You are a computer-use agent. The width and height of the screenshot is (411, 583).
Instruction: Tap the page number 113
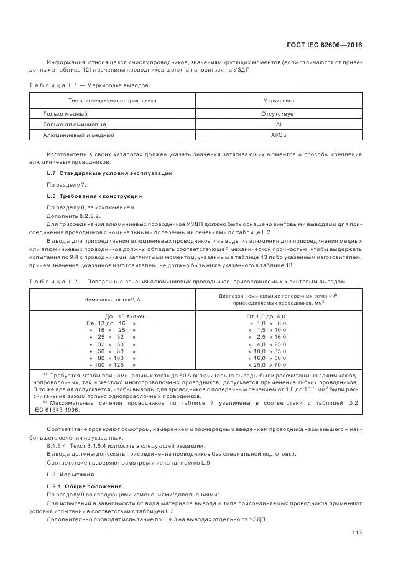357,532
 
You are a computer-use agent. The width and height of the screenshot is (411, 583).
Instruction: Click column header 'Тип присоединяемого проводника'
113,100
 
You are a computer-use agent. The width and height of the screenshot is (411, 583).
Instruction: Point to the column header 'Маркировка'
279,100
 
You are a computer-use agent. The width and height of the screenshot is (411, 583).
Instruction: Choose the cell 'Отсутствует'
279,114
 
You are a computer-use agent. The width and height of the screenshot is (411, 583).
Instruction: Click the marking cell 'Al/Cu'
279,135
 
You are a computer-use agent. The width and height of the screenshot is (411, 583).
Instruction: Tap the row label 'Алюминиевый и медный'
78,135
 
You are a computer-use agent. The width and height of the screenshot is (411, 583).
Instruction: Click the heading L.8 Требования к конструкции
95,196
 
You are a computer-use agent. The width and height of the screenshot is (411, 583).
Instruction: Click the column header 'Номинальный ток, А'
113,300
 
